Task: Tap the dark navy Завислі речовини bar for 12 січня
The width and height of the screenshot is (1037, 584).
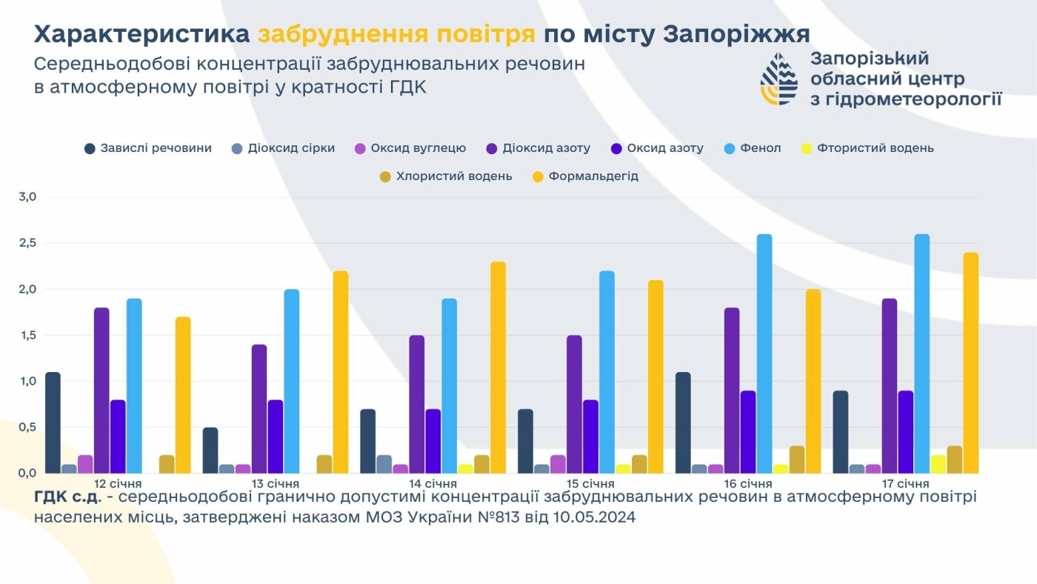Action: pyautogui.click(x=53, y=422)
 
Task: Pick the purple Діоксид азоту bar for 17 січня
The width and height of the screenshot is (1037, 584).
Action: pyautogui.click(x=889, y=385)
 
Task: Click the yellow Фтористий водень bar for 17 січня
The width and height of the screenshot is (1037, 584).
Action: pyautogui.click(x=938, y=464)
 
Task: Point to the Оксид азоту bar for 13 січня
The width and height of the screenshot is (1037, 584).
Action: pyautogui.click(x=276, y=437)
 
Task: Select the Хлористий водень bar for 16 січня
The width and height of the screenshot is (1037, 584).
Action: pyautogui.click(x=797, y=459)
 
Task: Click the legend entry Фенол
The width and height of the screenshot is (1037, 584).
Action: pyautogui.click(x=753, y=148)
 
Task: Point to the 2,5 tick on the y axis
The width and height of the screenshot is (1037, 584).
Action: pyautogui.click(x=27, y=243)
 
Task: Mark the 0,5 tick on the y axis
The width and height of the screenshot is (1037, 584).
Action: pyautogui.click(x=27, y=427)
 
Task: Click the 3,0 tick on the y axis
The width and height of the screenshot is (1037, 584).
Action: pyautogui.click(x=27, y=197)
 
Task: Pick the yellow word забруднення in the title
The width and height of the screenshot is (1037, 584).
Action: pyautogui.click(x=396, y=34)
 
